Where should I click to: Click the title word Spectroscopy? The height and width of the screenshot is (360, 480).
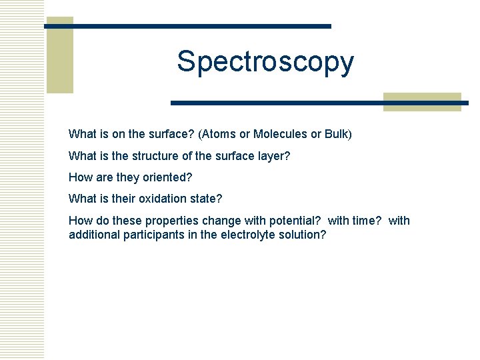[265, 63]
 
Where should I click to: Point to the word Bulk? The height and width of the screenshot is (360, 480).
[337, 134]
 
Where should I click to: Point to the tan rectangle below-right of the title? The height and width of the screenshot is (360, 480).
[422, 101]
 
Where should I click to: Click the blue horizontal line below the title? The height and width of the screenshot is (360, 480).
[320, 103]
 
